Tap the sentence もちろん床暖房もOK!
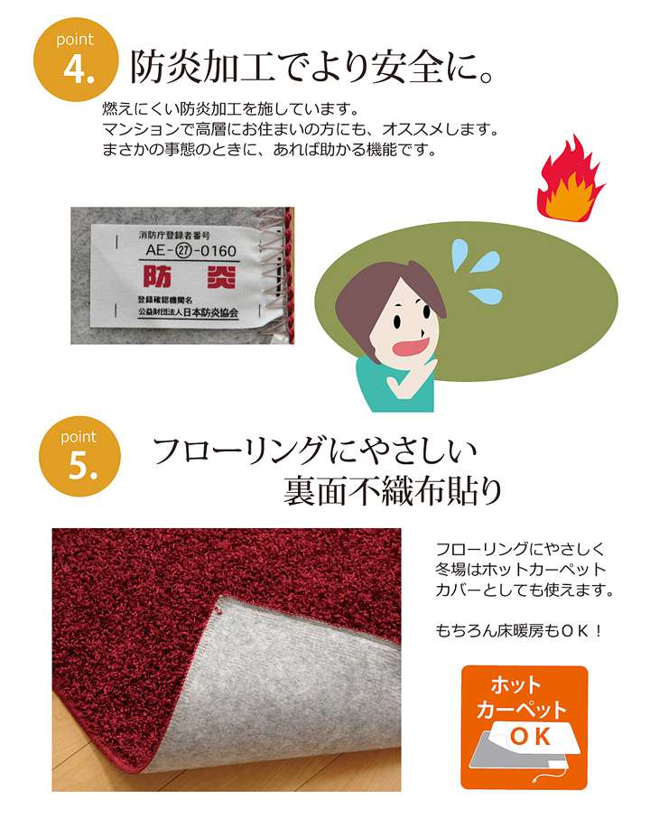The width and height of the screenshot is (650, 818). tap(519, 631)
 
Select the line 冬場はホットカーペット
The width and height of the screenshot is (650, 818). tap(520, 571)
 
